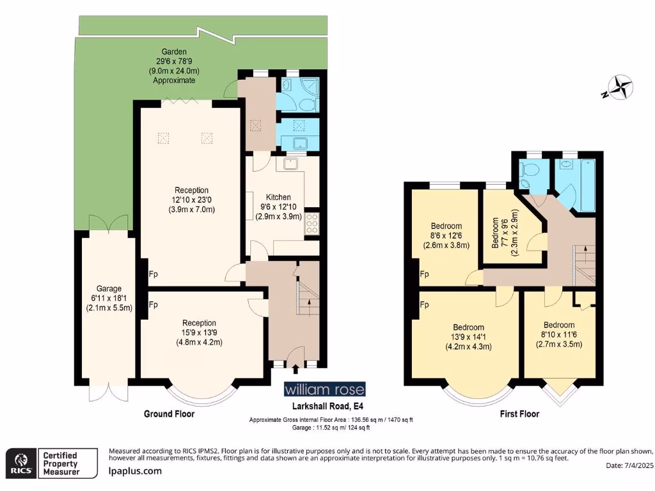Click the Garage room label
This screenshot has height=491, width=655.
[x=109, y=288]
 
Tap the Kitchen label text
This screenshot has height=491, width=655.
[x=278, y=197]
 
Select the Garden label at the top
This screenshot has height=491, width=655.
[x=174, y=52]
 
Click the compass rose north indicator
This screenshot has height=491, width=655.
[x=620, y=88]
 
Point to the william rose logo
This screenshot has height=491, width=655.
[x=324, y=389]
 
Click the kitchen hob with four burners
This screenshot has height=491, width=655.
[x=312, y=223]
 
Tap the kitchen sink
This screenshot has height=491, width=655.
[x=290, y=163]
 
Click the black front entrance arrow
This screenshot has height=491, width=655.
[x=296, y=369]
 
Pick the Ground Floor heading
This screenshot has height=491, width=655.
[x=169, y=414]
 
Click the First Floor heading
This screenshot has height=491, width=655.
[x=519, y=414]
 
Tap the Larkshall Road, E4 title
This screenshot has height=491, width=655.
[x=327, y=406]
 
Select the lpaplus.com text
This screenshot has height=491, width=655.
[x=135, y=471]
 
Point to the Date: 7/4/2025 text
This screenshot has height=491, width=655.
[x=630, y=465]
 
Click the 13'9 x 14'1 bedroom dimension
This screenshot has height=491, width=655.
[x=468, y=337]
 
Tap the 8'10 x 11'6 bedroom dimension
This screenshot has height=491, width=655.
[x=559, y=334]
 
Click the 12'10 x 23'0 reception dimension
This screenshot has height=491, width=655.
[x=191, y=199]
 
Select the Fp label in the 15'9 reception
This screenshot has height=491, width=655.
[x=154, y=305]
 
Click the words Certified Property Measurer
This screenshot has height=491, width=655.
[x=61, y=464]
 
